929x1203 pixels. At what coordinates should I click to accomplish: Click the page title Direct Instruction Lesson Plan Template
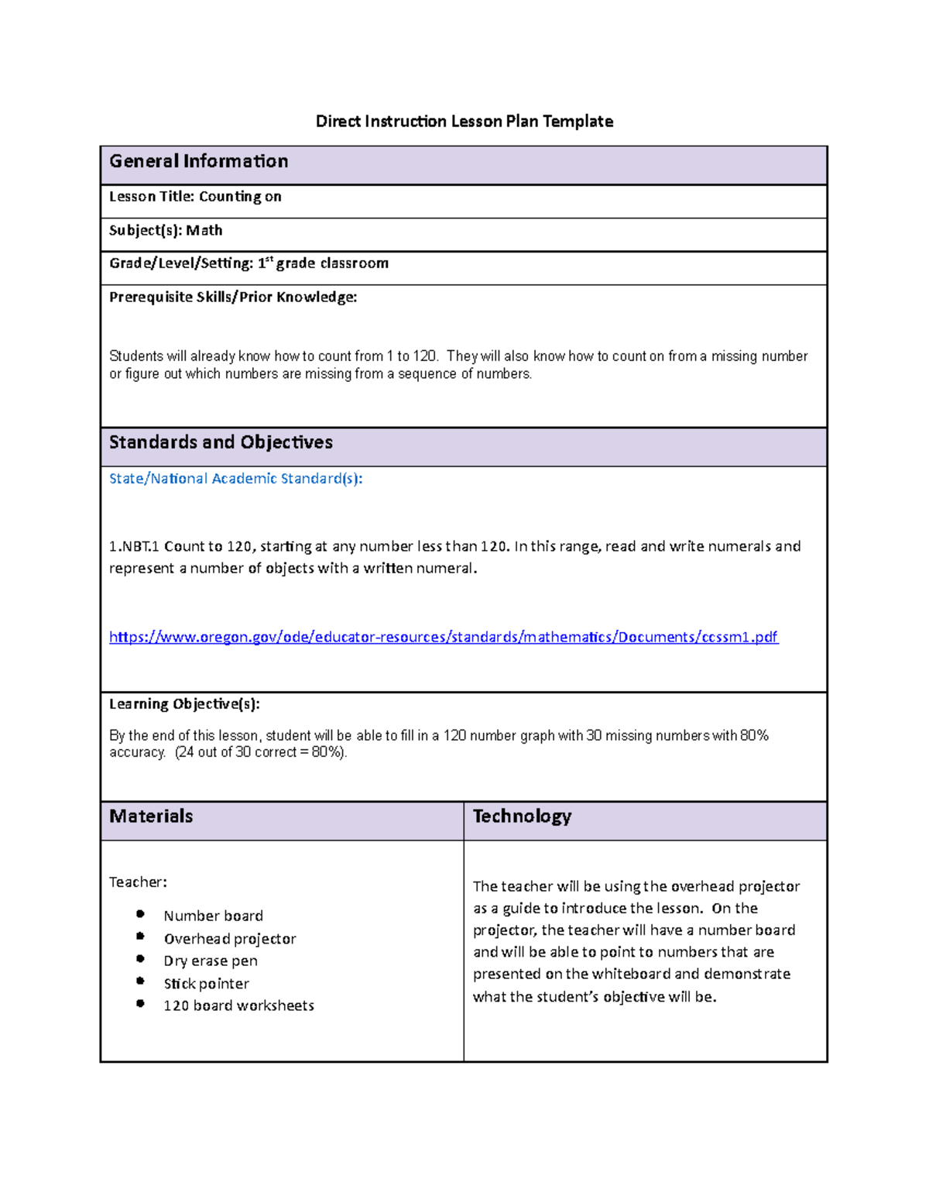tap(464, 122)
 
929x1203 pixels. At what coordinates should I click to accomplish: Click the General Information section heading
tap(198, 161)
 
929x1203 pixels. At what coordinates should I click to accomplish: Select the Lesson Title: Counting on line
tap(195, 197)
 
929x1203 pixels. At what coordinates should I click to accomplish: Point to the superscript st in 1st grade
tap(269, 260)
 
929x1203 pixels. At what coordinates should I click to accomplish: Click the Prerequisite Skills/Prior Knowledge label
tap(233, 297)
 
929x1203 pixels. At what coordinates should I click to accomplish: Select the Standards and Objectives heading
tap(221, 442)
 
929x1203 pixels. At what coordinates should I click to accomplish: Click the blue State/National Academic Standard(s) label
tap(235, 479)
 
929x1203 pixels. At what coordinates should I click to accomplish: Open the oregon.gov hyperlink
tap(443, 637)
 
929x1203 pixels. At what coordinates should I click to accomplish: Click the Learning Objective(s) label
tap(184, 703)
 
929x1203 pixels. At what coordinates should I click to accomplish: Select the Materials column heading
tap(151, 816)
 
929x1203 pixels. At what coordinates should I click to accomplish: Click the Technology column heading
tap(522, 816)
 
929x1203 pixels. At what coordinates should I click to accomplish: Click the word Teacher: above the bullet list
tap(138, 882)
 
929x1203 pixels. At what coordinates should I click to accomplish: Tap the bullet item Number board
tap(213, 916)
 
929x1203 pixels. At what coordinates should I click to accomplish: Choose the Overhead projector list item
tap(230, 939)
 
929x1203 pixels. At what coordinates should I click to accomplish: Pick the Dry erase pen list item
tap(211, 961)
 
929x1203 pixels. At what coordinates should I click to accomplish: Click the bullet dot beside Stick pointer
tap(140, 981)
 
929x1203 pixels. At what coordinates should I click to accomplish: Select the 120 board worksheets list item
tap(238, 1005)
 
